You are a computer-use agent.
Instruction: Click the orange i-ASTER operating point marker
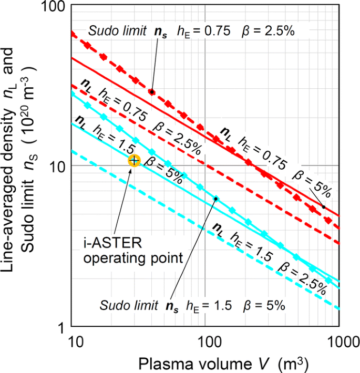click(x=134, y=160)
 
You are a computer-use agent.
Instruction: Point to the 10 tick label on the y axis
click(x=56, y=166)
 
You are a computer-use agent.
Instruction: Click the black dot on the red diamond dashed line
click(x=152, y=91)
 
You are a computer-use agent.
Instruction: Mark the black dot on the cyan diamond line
click(x=215, y=198)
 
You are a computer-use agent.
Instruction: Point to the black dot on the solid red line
click(x=323, y=207)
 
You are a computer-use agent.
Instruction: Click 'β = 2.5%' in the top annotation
click(x=268, y=32)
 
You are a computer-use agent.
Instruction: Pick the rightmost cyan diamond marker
click(x=329, y=280)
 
